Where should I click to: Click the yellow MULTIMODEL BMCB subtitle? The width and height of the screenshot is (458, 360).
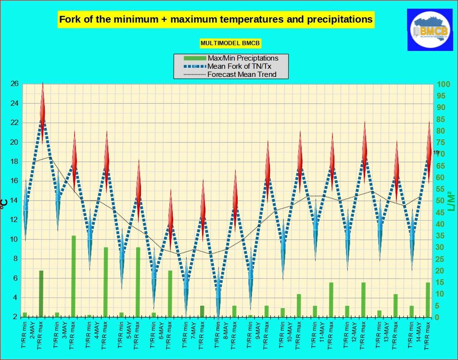tap(230, 43)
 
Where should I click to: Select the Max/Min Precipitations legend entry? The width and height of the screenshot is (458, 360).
tap(242, 58)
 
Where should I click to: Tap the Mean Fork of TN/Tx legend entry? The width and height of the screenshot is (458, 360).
tap(243, 66)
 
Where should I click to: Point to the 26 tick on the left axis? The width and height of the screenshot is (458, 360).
tap(14, 84)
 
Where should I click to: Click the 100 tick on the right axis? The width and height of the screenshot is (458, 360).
tap(443, 84)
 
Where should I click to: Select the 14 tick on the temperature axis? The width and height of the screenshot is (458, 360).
tap(14, 200)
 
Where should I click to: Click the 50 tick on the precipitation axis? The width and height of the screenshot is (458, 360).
tap(441, 200)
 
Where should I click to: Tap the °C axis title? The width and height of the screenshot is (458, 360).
tap(4, 202)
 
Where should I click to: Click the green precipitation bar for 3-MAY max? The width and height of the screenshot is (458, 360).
tap(74, 276)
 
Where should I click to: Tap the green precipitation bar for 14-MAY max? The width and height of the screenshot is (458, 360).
tap(428, 299)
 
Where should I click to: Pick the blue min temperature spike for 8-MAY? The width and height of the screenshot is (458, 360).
tap(218, 293)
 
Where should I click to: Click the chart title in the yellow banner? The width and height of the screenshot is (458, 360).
tap(216, 20)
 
